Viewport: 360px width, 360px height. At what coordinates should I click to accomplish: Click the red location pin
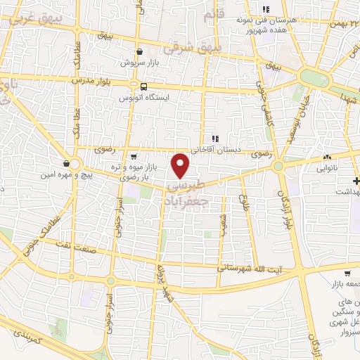pos(181,166)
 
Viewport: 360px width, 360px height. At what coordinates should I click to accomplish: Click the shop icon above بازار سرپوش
pos(140,51)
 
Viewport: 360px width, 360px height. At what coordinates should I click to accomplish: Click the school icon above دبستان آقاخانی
pos(216,139)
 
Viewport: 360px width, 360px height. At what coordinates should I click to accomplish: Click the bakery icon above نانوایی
pos(328,157)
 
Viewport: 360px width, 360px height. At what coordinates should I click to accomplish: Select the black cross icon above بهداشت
pos(356,181)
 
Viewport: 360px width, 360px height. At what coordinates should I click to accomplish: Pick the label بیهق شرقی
pos(188,49)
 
